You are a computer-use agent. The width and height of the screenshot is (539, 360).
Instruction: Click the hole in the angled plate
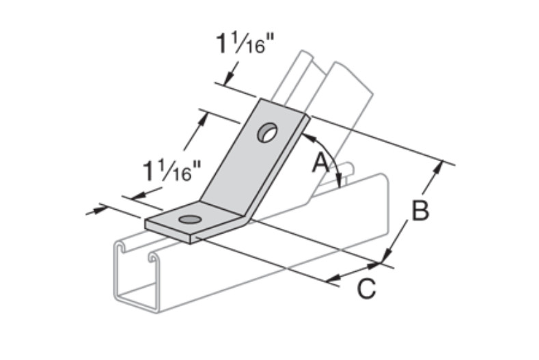[x=266, y=132]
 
